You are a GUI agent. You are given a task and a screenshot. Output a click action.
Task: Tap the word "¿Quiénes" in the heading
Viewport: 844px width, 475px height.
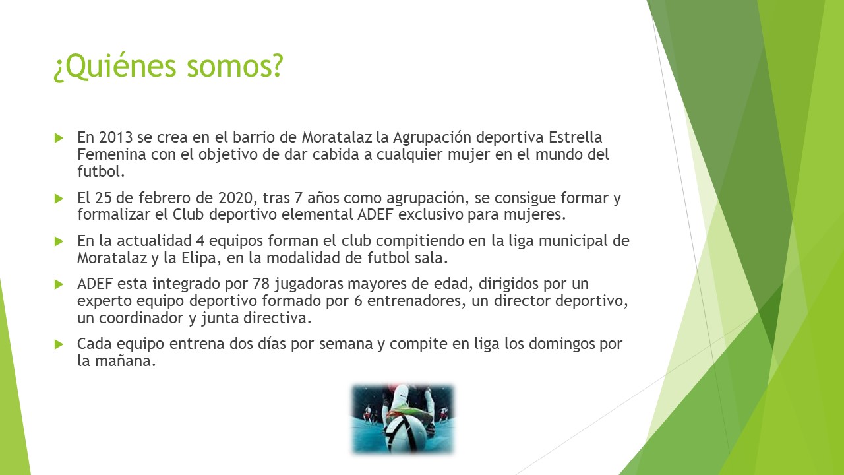coord(115,67)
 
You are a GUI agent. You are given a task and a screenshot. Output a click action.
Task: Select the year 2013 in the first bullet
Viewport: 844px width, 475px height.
coord(115,137)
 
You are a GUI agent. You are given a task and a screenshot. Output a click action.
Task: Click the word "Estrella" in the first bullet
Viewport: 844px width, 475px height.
coord(575,137)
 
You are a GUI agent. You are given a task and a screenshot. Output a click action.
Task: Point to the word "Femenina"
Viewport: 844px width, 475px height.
coord(111,154)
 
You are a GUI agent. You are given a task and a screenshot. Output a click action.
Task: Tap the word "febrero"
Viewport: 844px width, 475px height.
coord(163,197)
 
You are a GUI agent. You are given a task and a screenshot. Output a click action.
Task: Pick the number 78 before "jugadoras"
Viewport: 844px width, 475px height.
coord(261,284)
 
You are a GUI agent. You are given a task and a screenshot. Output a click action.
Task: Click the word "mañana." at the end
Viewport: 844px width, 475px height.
coord(125,361)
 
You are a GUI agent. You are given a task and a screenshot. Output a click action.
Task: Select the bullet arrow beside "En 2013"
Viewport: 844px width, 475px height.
coord(59,138)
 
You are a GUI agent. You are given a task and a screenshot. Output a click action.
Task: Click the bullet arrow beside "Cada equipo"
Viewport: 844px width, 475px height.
coord(59,344)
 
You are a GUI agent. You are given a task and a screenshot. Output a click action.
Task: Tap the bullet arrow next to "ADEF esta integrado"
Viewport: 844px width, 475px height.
coord(59,284)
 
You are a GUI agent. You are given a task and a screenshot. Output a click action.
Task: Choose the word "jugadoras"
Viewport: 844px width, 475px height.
coord(309,284)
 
